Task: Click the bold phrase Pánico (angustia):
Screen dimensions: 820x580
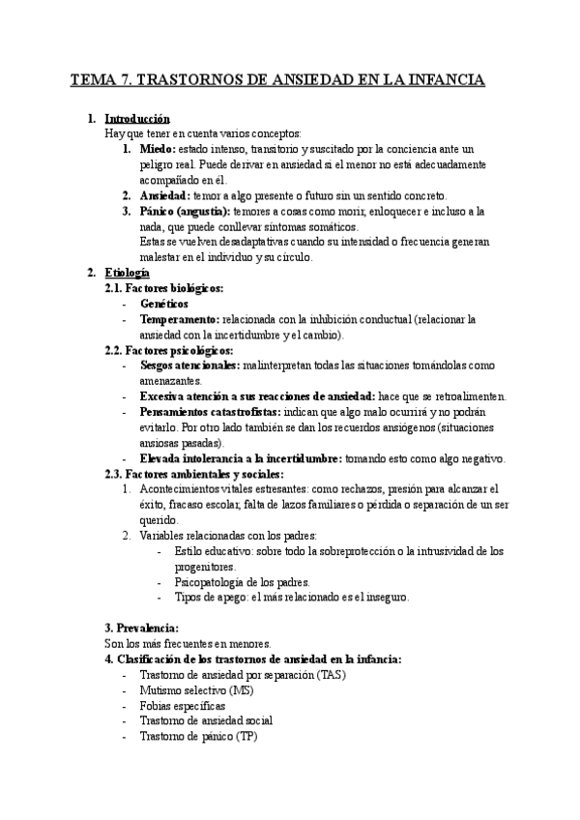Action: coord(185,210)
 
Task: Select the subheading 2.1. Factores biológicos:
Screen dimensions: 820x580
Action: coord(164,287)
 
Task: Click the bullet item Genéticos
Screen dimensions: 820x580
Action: coord(164,303)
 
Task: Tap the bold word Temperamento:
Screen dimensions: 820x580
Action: coord(179,318)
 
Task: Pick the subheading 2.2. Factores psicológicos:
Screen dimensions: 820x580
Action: coord(168,349)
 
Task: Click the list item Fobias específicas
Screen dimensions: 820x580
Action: coord(183,705)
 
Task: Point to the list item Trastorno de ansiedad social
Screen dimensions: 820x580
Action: coord(206,720)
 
